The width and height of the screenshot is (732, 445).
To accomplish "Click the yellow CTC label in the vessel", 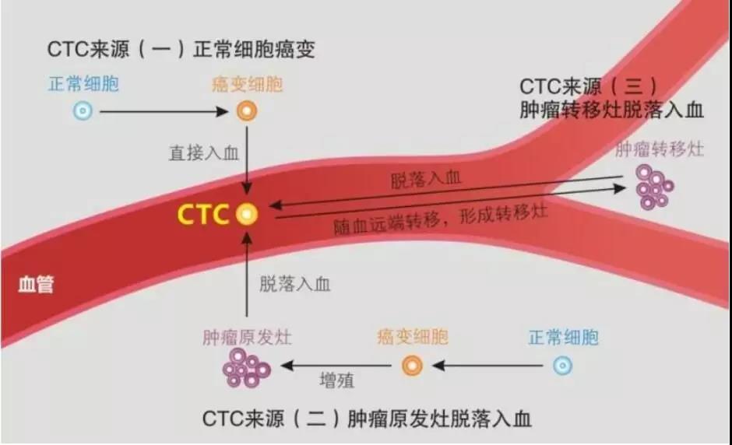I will [x=203, y=214].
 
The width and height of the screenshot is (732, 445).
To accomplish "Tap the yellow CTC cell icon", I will [x=247, y=214].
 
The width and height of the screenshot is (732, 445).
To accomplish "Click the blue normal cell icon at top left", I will [x=83, y=111].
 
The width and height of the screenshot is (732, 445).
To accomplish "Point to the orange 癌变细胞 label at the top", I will [x=247, y=83].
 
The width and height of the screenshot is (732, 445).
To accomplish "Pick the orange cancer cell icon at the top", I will [x=247, y=111].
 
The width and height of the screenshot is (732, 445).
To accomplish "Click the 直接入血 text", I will [x=204, y=153].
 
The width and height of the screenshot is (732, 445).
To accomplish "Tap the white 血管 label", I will [x=36, y=285].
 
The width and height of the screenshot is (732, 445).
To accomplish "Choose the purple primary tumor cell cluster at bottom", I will [x=247, y=367].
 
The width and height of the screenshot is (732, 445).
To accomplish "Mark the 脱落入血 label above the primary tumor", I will [x=295, y=284].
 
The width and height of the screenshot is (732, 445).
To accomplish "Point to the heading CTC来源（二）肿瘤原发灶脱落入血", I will [x=367, y=419].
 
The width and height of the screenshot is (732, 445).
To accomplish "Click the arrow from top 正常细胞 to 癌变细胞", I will [x=164, y=111].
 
